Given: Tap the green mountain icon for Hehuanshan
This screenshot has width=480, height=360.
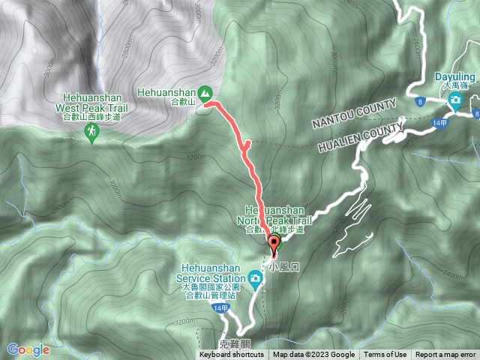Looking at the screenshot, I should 205,94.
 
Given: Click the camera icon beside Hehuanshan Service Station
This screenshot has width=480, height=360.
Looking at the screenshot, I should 256,280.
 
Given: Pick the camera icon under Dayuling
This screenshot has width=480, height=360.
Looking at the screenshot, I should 454,98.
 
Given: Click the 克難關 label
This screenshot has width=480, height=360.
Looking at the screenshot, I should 232,344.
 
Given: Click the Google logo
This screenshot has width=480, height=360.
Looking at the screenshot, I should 28,349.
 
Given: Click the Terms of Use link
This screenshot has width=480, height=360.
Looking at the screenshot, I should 386,355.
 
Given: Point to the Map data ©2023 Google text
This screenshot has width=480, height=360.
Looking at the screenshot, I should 313,355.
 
